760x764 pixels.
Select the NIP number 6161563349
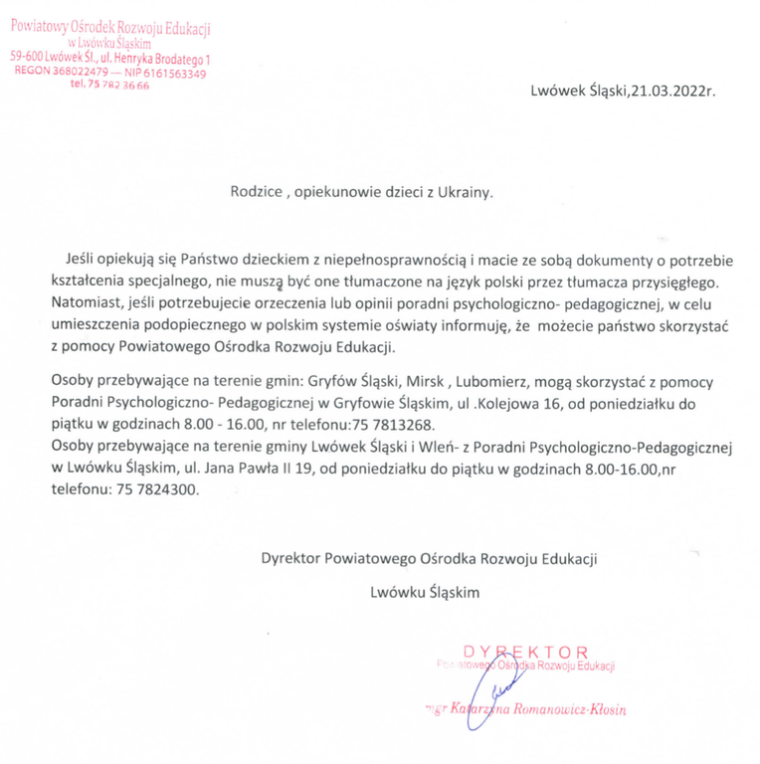[x=173, y=73]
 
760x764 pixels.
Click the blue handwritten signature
[x=497, y=686]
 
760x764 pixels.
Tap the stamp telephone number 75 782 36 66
[x=110, y=86]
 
